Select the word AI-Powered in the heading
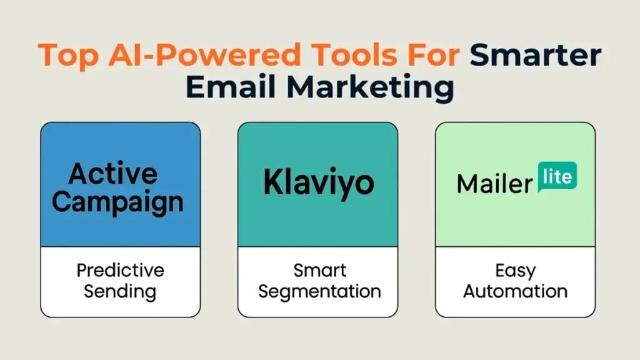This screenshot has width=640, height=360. pyautogui.click(x=205, y=55)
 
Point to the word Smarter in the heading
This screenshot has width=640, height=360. pyautogui.click(x=536, y=55)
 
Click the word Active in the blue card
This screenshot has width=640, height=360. pyautogui.click(x=113, y=174)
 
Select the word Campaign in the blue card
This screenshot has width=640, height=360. pyautogui.click(x=118, y=203)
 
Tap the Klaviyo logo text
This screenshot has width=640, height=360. pyautogui.click(x=319, y=183)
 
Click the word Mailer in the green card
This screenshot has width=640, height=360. pyautogui.click(x=495, y=184)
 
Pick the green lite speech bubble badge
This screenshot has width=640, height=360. pyautogui.click(x=557, y=177)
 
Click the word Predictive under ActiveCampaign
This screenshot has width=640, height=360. pyautogui.click(x=121, y=270)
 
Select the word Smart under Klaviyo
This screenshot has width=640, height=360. pyautogui.click(x=320, y=270)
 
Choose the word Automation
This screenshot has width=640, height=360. pyautogui.click(x=516, y=291)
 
